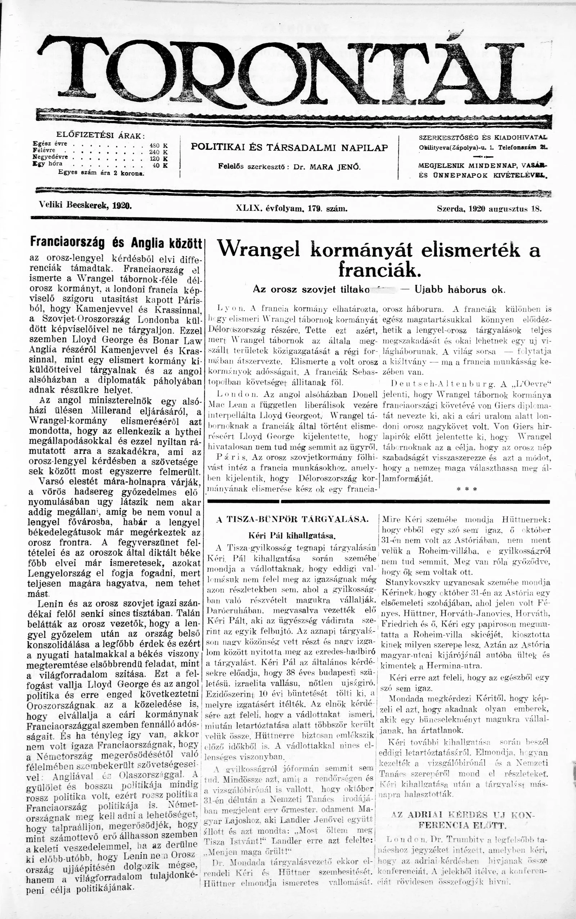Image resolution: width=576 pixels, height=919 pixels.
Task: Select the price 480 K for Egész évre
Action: pyautogui.click(x=159, y=145)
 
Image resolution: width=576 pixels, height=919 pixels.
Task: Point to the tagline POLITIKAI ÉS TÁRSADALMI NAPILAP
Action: pyautogui.click(x=289, y=147)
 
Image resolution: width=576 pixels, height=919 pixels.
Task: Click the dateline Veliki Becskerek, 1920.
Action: pyautogui.click(x=85, y=206)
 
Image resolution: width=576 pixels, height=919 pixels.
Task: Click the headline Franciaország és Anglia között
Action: pyautogui.click(x=116, y=242)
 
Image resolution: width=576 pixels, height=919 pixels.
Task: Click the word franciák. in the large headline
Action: pyautogui.click(x=379, y=270)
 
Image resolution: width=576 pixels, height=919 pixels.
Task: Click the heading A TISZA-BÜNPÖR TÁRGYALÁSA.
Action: pyautogui.click(x=292, y=519)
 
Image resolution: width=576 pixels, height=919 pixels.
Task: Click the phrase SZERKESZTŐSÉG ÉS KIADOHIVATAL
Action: pyautogui.click(x=483, y=137)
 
